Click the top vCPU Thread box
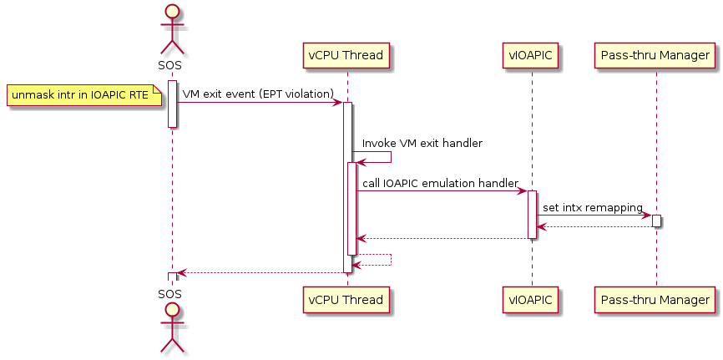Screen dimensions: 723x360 click(x=346, y=55)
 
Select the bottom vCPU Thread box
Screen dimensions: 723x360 click(x=346, y=300)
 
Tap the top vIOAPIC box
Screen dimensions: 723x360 click(x=531, y=55)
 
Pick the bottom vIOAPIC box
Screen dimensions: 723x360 click(x=531, y=300)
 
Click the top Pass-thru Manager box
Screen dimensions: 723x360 click(x=655, y=55)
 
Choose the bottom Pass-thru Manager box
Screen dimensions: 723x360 click(x=655, y=300)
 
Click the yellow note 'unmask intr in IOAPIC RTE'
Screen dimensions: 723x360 click(x=84, y=95)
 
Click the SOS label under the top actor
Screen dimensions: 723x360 click(x=169, y=65)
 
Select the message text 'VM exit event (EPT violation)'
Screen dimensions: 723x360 click(x=258, y=94)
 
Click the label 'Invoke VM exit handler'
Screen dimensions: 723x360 click(x=422, y=144)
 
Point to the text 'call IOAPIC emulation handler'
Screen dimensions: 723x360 click(x=440, y=183)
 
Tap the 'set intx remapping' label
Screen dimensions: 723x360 click(x=593, y=208)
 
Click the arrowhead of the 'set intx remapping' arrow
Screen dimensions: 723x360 click(x=647, y=215)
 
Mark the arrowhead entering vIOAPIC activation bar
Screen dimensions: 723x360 click(x=522, y=191)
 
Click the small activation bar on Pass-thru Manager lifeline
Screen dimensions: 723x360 click(x=656, y=221)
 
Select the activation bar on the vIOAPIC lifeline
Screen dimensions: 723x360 click(x=532, y=215)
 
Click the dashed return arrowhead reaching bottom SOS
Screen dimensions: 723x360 click(x=182, y=273)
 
